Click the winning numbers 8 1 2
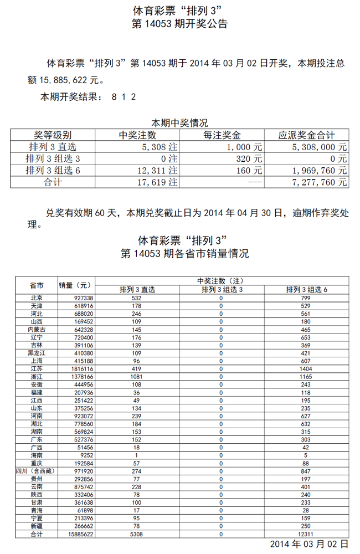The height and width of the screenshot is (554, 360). pyautogui.click(x=124, y=97)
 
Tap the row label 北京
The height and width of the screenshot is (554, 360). pyautogui.click(x=37, y=298)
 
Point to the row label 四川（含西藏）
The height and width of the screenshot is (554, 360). pyautogui.click(x=37, y=470)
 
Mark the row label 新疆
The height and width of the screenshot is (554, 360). pyautogui.click(x=37, y=525)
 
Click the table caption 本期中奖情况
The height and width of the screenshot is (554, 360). pyautogui.click(x=179, y=123)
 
